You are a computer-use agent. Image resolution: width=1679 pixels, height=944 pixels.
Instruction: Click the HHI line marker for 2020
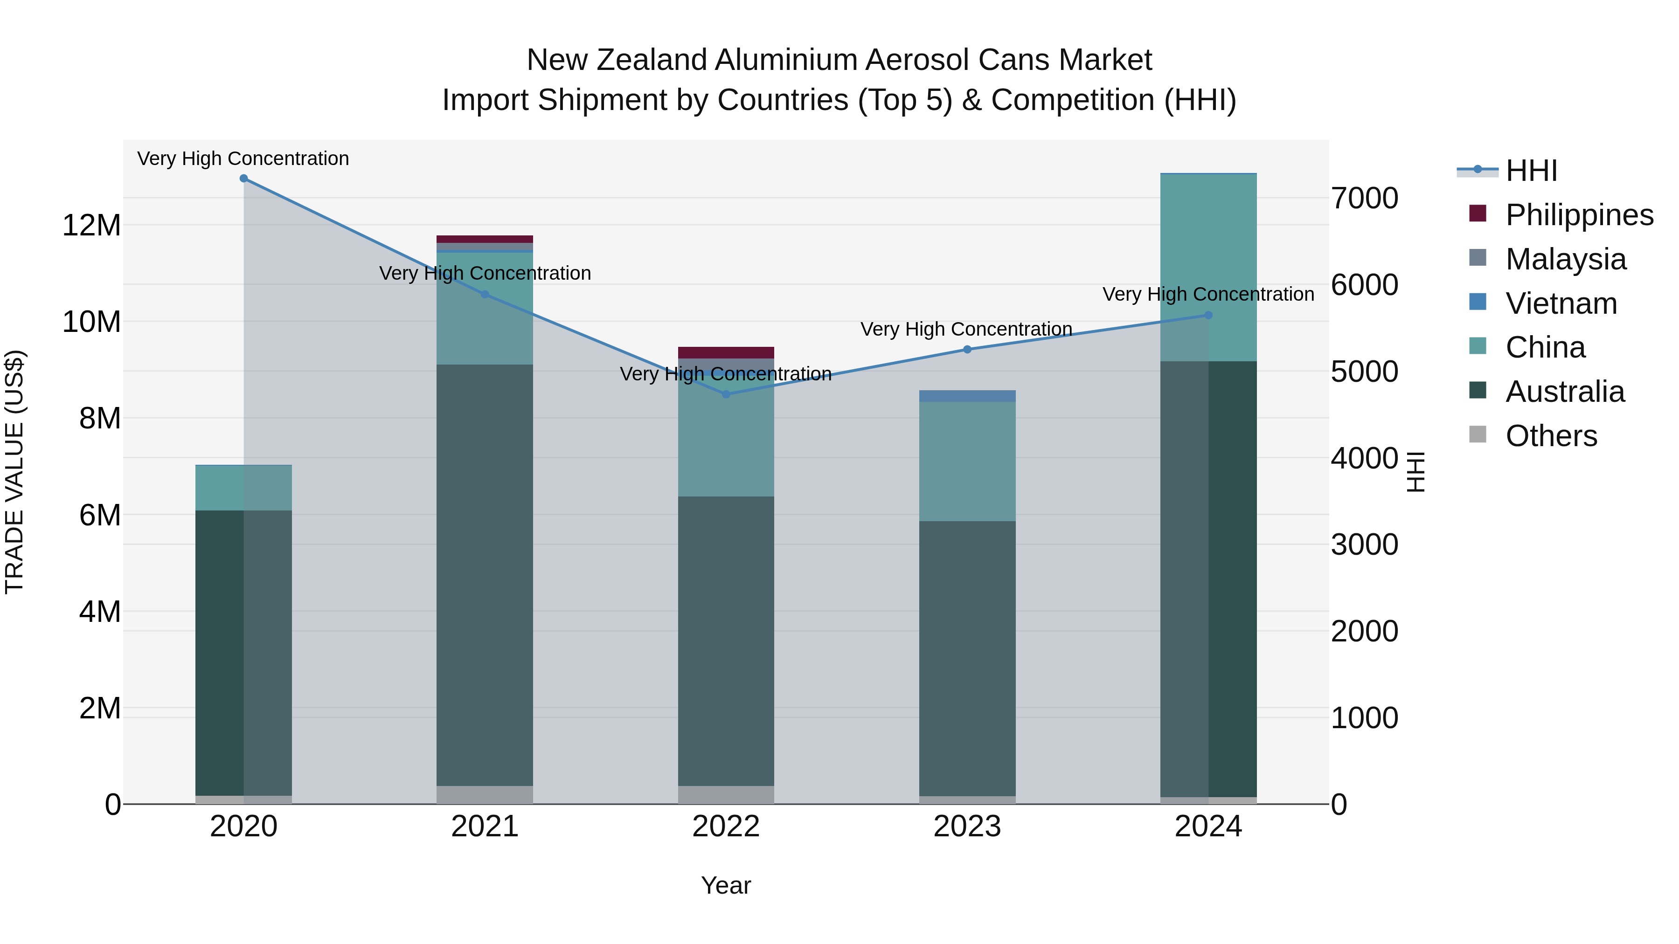[x=244, y=178]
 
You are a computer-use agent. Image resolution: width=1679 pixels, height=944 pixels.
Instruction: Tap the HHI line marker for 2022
[x=726, y=394]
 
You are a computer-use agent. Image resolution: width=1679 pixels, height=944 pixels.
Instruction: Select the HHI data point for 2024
[x=1208, y=315]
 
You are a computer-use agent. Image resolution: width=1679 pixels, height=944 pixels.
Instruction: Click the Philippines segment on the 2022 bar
[x=726, y=352]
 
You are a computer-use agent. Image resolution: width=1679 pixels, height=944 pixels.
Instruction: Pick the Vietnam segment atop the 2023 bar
[x=967, y=396]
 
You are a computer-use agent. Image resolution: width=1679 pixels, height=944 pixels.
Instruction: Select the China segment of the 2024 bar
[x=1208, y=267]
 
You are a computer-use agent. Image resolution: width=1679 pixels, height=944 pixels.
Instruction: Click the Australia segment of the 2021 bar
[x=485, y=573]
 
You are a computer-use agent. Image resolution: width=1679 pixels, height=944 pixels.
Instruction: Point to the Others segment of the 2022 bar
[x=726, y=795]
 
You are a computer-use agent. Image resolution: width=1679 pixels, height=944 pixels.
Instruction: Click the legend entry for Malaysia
[x=1566, y=259]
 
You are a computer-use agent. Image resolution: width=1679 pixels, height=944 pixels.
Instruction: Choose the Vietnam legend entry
[x=1561, y=303]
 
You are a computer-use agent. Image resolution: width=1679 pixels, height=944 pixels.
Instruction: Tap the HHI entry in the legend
[x=1531, y=171]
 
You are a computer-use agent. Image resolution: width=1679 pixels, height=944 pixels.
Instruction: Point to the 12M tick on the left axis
[x=91, y=226]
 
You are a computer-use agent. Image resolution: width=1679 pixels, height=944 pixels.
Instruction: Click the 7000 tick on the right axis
[x=1364, y=198]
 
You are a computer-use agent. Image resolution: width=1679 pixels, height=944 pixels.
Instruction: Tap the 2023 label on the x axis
[x=967, y=827]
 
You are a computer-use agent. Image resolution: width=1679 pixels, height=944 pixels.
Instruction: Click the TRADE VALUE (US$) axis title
[x=14, y=472]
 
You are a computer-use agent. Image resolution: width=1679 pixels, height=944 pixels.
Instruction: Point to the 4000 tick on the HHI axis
[x=1364, y=458]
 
